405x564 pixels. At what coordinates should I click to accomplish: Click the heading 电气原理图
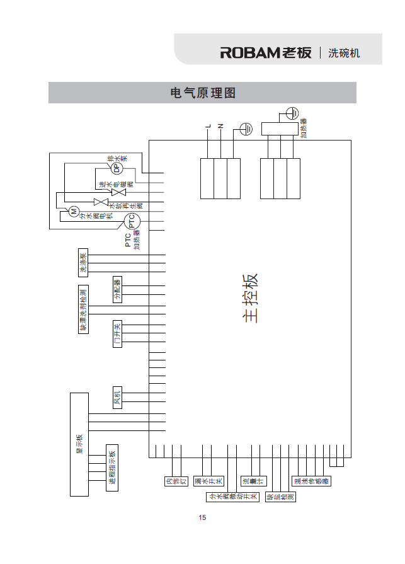203,93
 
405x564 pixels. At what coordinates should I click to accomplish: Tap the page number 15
202,518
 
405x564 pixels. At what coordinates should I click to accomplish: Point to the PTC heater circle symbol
131,221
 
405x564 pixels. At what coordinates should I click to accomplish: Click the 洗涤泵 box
82,262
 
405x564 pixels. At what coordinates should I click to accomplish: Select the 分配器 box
117,289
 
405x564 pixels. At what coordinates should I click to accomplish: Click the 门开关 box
117,335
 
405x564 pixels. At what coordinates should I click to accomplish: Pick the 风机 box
117,397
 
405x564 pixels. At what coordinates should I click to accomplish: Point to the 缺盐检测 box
281,497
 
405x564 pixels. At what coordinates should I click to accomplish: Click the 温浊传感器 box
311,481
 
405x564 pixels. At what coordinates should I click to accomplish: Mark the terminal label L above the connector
208,127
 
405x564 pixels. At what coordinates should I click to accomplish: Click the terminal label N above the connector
220,127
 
